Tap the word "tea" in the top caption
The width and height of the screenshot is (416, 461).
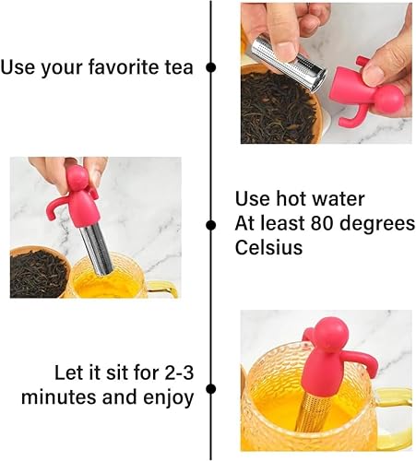coord(179,67)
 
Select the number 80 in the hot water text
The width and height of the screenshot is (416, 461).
coord(322,223)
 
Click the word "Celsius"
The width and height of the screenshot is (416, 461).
coord(268,247)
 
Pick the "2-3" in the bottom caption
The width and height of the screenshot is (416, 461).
coord(179,372)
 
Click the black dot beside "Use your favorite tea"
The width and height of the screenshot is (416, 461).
coord(210,67)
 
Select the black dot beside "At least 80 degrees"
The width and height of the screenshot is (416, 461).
coord(210,225)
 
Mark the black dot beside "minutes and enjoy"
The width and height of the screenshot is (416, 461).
coord(210,389)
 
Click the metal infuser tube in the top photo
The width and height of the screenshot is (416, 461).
coord(288,63)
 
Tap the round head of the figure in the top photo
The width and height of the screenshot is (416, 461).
coord(391,100)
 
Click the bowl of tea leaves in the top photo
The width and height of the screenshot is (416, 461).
coord(279,106)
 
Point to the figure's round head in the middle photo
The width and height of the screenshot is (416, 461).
coord(77,178)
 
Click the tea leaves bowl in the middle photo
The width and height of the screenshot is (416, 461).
coord(39,272)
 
